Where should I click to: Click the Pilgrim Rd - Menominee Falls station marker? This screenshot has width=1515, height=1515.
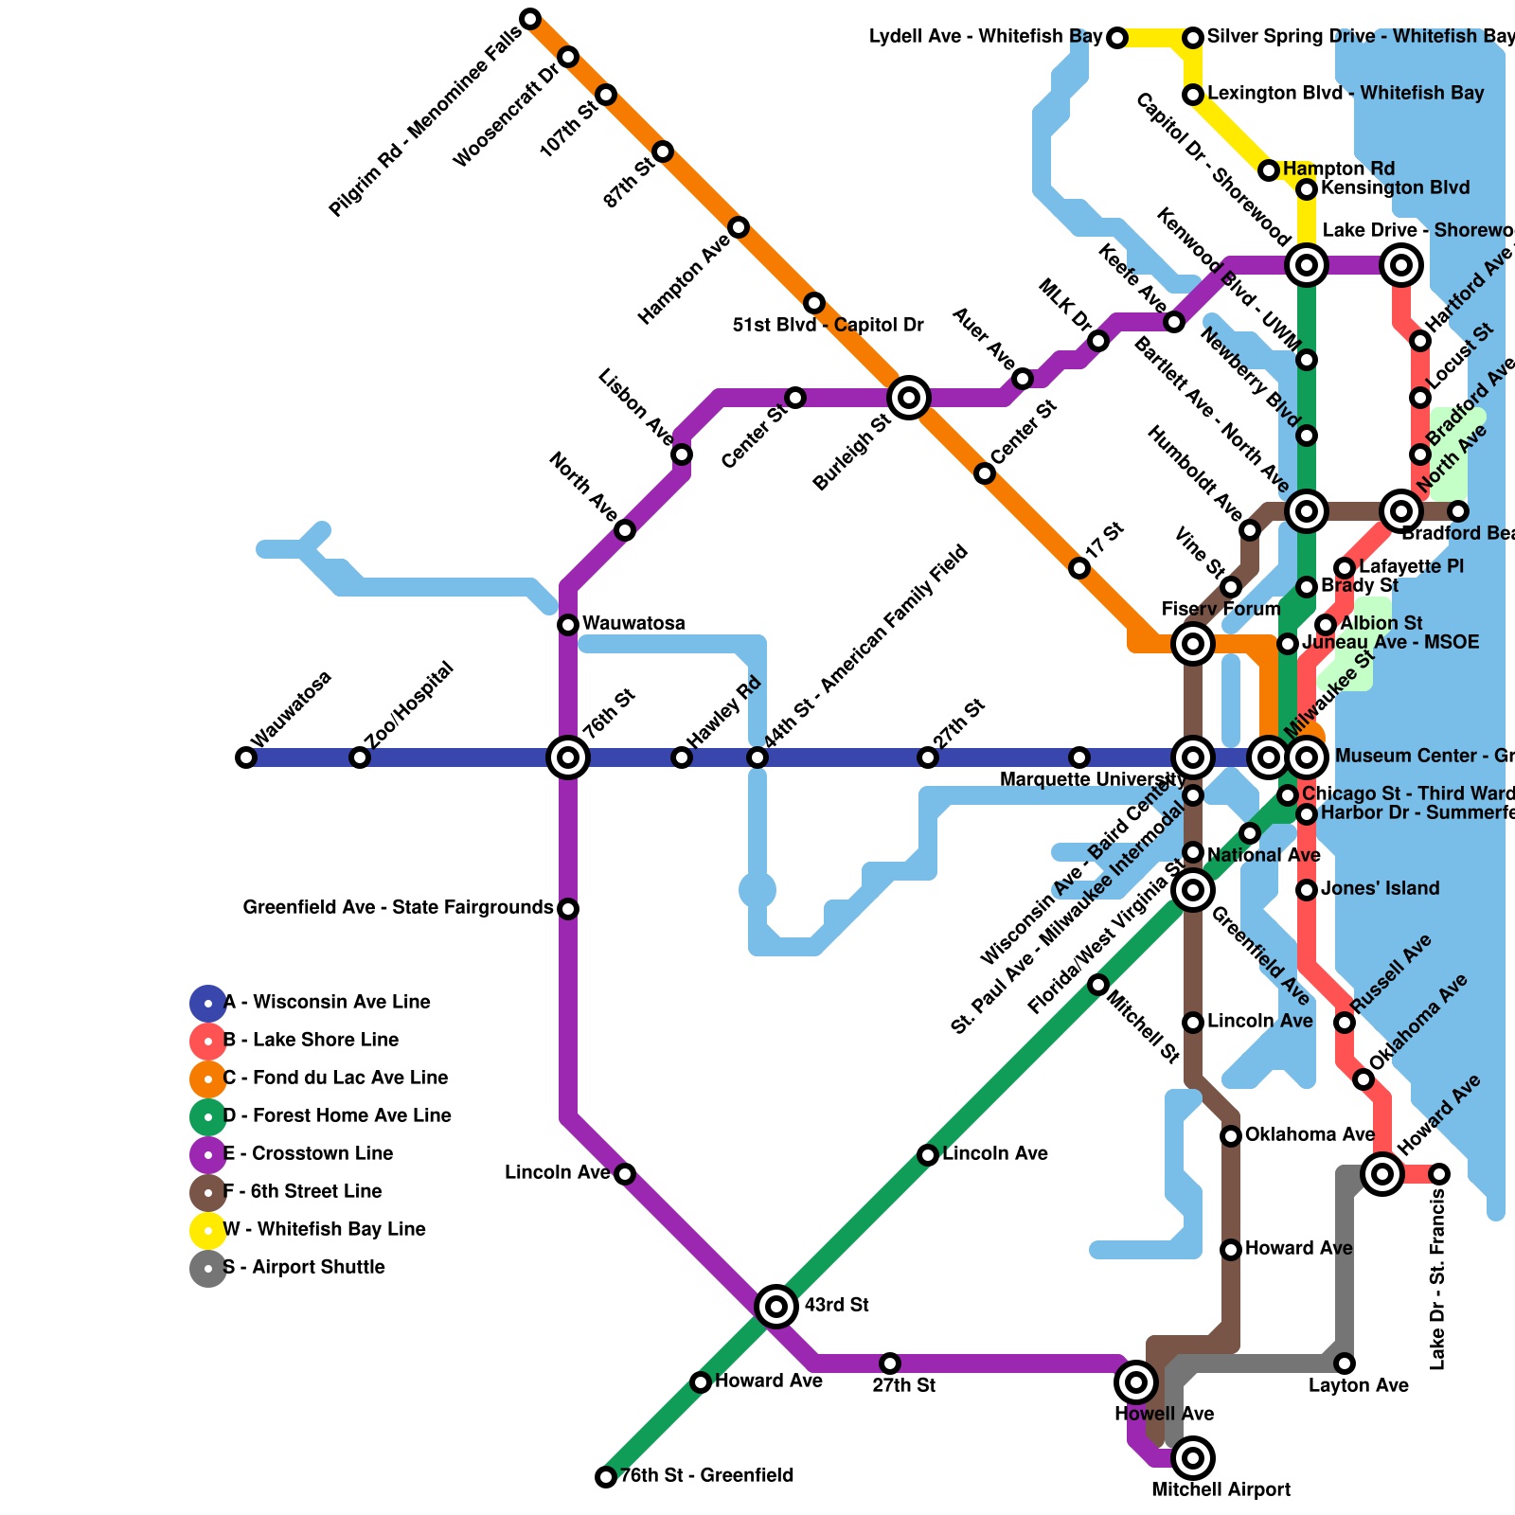(x=530, y=19)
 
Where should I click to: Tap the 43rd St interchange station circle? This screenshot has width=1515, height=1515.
(x=776, y=1307)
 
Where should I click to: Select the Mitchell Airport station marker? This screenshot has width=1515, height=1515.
(x=1193, y=1458)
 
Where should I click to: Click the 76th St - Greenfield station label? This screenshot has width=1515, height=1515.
(x=706, y=1475)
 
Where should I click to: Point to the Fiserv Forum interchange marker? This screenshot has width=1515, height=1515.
(x=1193, y=644)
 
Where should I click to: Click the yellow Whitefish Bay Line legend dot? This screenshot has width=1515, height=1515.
(x=208, y=1230)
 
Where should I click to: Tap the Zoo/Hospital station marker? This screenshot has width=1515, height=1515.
(x=360, y=757)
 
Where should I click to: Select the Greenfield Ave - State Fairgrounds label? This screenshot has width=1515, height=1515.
(x=398, y=908)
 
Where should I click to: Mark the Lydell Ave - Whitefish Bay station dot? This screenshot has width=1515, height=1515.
(x=1117, y=38)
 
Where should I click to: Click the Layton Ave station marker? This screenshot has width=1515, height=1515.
(x=1345, y=1363)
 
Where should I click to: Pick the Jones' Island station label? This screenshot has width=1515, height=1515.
(x=1380, y=889)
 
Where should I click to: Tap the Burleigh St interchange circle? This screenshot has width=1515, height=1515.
(x=909, y=398)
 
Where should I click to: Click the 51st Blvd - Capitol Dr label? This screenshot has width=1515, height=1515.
(x=828, y=326)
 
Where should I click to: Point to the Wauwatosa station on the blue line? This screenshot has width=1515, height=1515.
(x=246, y=757)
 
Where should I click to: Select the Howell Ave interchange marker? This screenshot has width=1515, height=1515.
(x=1136, y=1382)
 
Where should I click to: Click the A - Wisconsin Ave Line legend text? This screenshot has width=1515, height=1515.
(x=327, y=1003)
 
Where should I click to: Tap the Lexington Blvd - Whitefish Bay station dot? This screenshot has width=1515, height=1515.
(x=1193, y=95)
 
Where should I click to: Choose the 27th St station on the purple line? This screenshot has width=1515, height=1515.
(x=890, y=1363)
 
